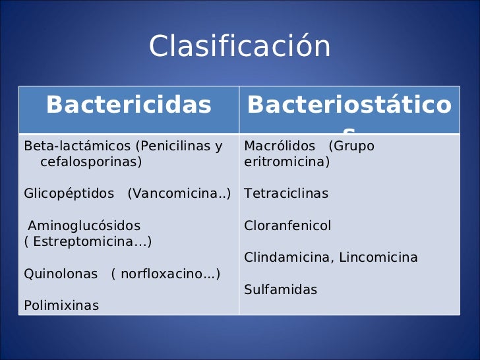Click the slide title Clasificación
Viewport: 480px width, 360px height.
coord(239,47)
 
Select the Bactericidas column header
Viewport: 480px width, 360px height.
coord(129,105)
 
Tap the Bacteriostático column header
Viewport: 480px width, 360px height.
coord(349,105)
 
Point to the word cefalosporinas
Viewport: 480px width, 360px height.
coord(90,162)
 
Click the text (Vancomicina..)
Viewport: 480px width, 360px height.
coord(179,194)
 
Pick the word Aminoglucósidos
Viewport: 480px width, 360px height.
coord(84,225)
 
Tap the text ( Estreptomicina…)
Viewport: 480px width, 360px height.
coord(88,241)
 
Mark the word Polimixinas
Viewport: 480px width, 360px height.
coord(61,305)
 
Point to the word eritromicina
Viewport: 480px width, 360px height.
coord(286,162)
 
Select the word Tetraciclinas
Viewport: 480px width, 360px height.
coord(286,194)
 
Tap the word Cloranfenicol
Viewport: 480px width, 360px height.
coord(287,225)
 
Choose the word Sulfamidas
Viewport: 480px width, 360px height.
coord(280,289)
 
